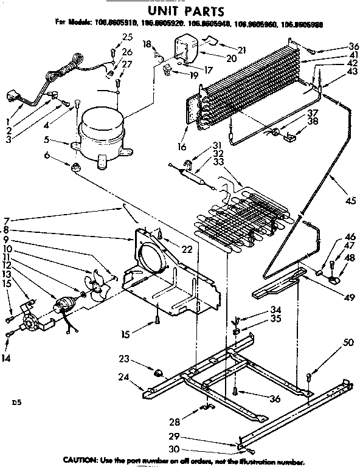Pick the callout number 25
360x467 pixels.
(x=127, y=37)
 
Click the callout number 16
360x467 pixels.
(x=181, y=146)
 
